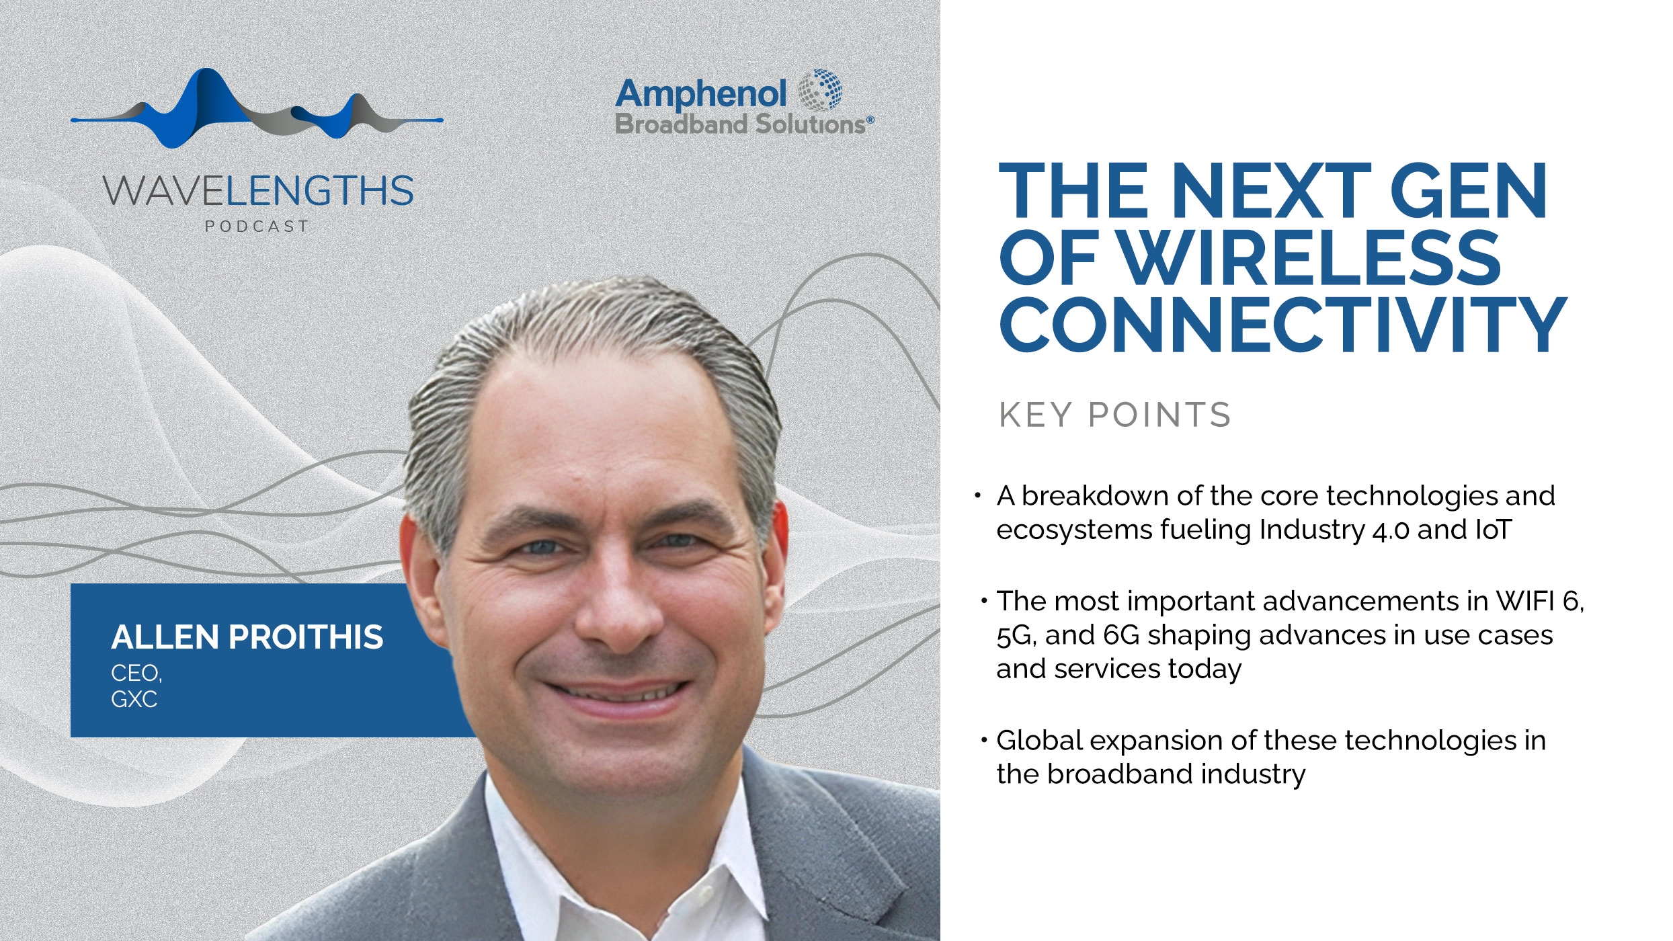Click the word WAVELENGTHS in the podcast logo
pyautogui.click(x=258, y=191)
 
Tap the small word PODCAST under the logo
pyautogui.click(x=257, y=227)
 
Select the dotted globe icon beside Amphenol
pyautogui.click(x=820, y=89)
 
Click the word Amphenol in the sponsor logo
pyautogui.click(x=700, y=94)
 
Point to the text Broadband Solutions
pyautogui.click(x=741, y=125)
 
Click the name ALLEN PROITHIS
pyautogui.click(x=247, y=637)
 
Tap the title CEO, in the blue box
pyautogui.click(x=136, y=673)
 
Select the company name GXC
pyautogui.click(x=134, y=700)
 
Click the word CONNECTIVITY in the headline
pyautogui.click(x=1282, y=325)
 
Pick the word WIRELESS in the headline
pyautogui.click(x=1309, y=258)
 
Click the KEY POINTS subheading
pyautogui.click(x=1114, y=415)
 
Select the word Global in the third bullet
pyautogui.click(x=1039, y=741)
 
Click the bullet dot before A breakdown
pyautogui.click(x=978, y=497)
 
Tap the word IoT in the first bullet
pyautogui.click(x=1493, y=530)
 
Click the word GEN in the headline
pyautogui.click(x=1468, y=192)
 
